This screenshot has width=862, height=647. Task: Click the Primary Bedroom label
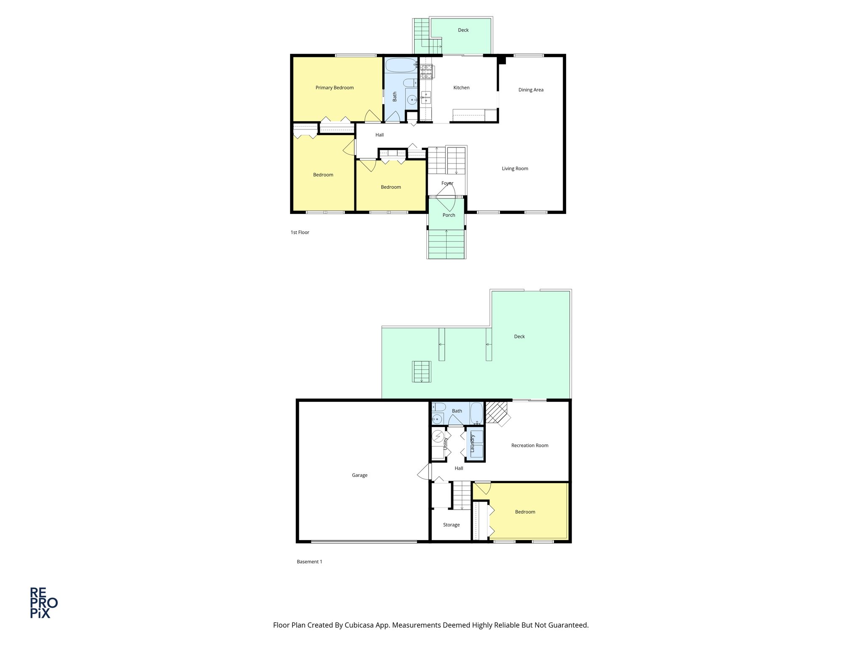pos(335,88)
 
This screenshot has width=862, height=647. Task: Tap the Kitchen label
pos(461,88)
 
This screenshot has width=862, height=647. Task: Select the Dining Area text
pos(531,90)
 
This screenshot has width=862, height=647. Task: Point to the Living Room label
pos(515,168)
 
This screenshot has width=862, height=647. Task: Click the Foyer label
pos(447,183)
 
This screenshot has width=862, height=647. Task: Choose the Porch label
pos(449,215)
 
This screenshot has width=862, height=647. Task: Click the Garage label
pos(359,475)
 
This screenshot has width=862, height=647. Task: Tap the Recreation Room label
pos(529,445)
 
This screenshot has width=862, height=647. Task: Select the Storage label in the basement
pos(451,525)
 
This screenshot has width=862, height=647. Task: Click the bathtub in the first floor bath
pos(401,65)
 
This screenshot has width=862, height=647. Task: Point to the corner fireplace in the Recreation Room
pos(497,412)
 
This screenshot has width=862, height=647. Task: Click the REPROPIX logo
pos(43,603)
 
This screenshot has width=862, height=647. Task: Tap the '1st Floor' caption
pos(300,233)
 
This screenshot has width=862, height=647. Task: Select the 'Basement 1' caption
pos(309,561)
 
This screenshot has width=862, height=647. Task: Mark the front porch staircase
pos(446,244)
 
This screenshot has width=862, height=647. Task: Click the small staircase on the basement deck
pos(422,372)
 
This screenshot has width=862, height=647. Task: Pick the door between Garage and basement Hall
pos(425,471)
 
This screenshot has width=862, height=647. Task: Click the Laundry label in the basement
pos(473,444)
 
